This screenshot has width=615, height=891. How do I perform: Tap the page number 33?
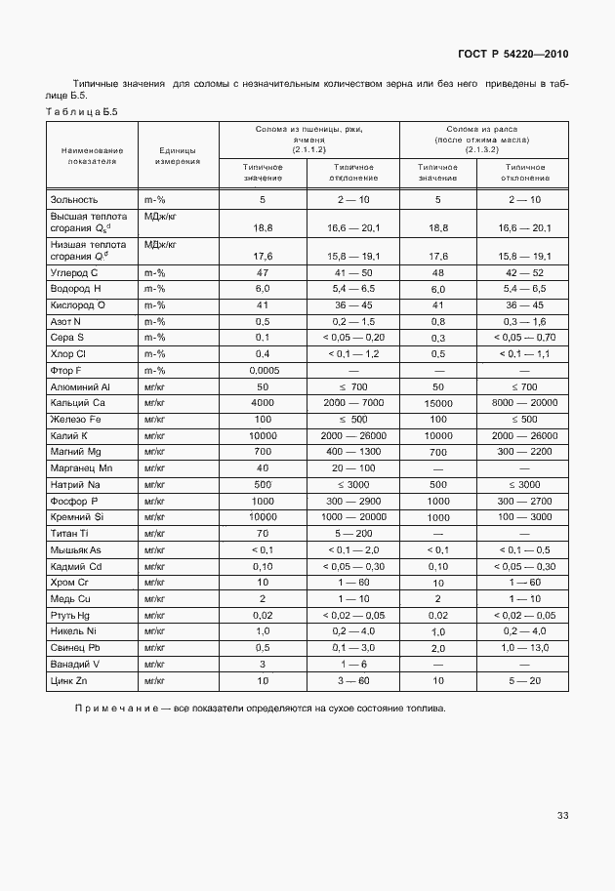tap(562, 815)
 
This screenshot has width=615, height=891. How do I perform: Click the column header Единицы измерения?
tap(178, 156)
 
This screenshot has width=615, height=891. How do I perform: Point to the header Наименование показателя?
tap(92, 156)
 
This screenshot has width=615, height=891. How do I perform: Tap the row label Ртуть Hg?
tap(72, 615)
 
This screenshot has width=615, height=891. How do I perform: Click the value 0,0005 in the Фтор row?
tap(263, 370)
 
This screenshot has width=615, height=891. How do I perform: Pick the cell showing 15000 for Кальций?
tap(438, 402)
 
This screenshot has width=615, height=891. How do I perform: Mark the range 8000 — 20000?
tap(524, 402)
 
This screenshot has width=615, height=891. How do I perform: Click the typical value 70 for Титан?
tap(263, 533)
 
